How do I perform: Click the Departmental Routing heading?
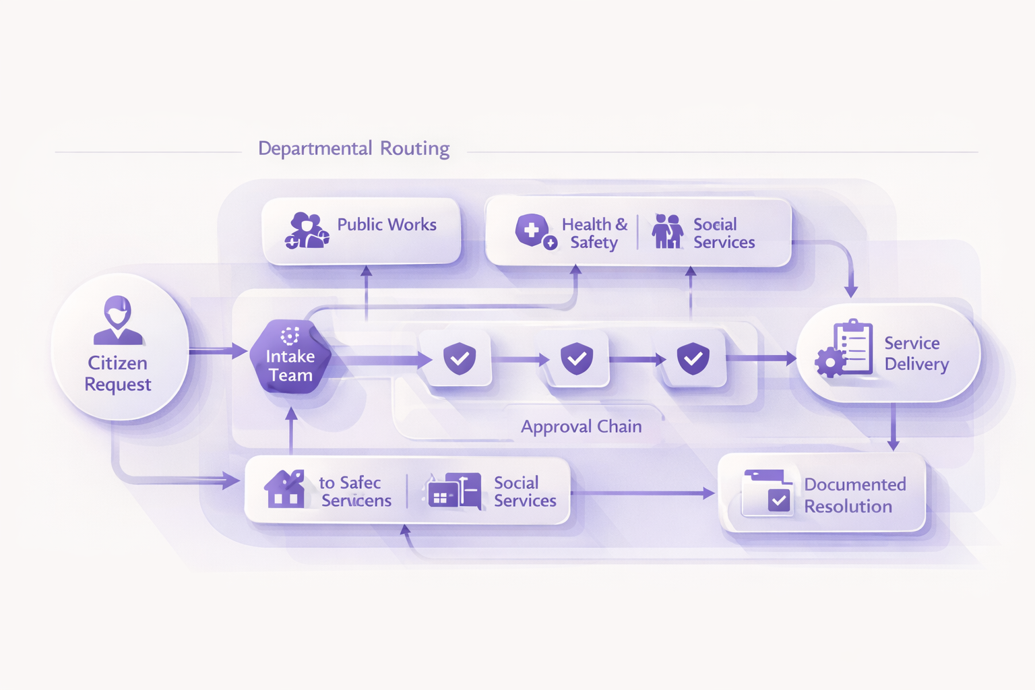point(354,148)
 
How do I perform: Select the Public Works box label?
point(386,224)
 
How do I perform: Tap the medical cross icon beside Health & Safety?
point(532,230)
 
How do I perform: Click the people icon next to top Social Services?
point(667,232)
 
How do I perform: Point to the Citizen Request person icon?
point(118,319)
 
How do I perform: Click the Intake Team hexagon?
point(290,358)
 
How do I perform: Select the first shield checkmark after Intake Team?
point(460,358)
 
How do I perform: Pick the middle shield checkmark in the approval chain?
point(577,358)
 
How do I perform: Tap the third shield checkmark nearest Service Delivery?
point(693,358)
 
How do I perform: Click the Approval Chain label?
point(581,427)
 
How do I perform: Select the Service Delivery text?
point(916,353)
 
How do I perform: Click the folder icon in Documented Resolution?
point(767,493)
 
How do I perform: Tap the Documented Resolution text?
point(854,495)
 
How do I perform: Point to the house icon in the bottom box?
point(284,490)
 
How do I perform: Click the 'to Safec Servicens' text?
point(354,491)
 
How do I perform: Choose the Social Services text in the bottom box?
point(524,491)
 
